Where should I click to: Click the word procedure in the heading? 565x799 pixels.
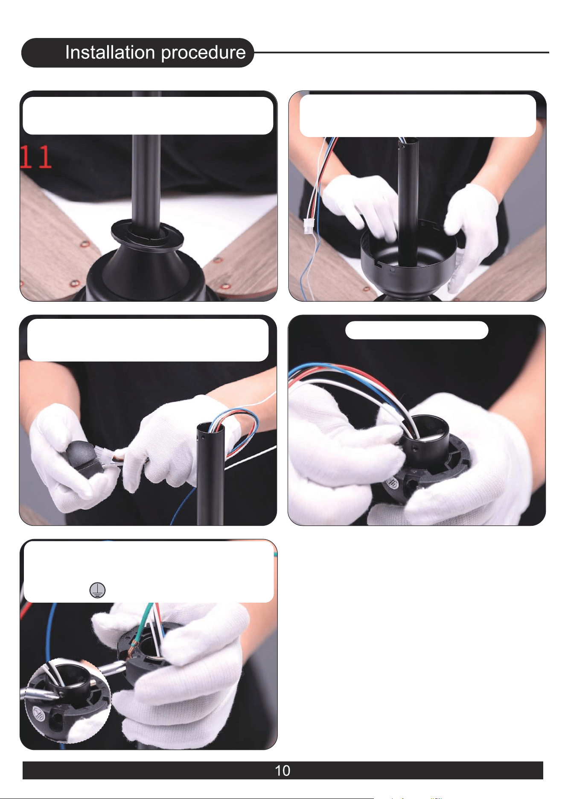coord(204,53)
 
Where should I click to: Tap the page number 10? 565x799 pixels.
coord(282,770)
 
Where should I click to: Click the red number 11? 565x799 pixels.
coord(36,157)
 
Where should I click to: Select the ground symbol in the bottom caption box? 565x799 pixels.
coord(98,590)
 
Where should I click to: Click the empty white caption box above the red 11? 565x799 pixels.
coord(148,116)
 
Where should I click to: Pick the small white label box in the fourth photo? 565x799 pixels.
coord(416,330)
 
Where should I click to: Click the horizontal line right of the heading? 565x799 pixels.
coord(402,52)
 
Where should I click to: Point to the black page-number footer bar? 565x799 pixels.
coord(283,770)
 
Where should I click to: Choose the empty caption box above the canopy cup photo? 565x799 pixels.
coord(418,116)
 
